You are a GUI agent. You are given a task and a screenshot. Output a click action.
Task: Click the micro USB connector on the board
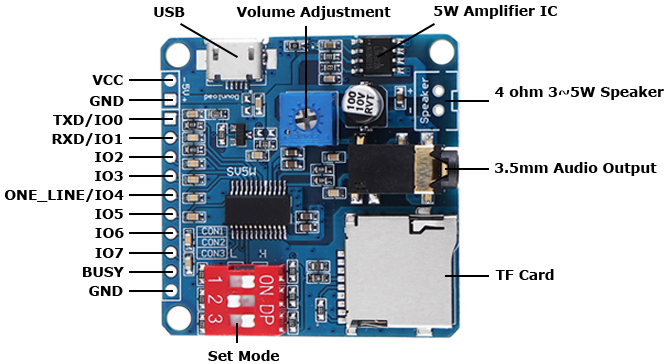237,63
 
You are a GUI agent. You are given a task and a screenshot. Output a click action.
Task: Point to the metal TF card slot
399,270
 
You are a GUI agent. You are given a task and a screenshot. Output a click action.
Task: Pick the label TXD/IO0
88,119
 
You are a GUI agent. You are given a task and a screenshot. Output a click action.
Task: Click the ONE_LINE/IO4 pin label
64,195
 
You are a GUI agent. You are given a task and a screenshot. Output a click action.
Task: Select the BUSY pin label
102,271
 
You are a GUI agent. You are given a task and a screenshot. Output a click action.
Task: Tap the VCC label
107,80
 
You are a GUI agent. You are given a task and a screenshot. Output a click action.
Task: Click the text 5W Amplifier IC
495,11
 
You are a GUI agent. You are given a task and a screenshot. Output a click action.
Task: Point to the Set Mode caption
243,354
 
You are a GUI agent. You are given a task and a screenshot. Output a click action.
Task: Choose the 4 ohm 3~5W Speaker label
579,92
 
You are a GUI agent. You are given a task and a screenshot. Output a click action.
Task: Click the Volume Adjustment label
313,12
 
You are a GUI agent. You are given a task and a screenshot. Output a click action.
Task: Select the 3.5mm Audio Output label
575,168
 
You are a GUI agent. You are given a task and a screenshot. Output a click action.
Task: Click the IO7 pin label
109,252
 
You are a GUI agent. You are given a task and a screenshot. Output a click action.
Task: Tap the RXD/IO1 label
87,138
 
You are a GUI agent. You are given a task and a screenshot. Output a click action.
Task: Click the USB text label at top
169,12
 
